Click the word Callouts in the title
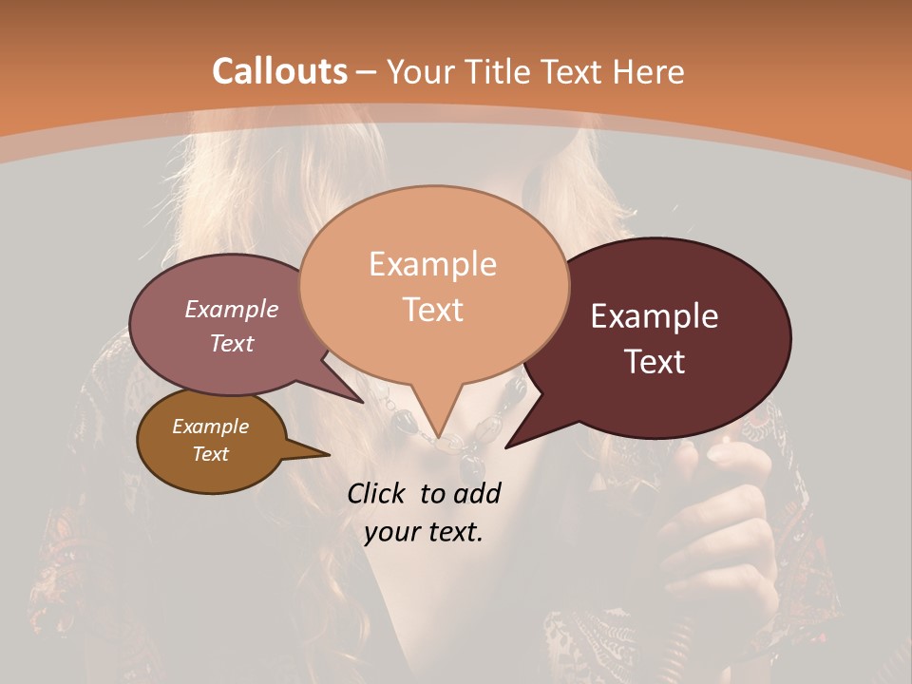279,71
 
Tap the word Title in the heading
503,71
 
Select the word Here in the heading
648,71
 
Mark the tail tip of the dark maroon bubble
509,446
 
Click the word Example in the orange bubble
432,264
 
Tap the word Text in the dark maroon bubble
655,362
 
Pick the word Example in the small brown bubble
210,427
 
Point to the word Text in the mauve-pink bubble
232,344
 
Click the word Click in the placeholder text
378,493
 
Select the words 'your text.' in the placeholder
424,532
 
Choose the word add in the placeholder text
477,493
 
